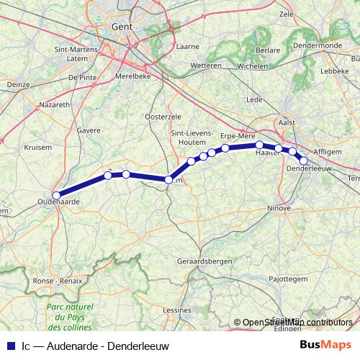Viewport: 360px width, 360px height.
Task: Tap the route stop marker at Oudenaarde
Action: coord(56,193)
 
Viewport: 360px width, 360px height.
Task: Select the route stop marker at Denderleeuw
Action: coord(304,161)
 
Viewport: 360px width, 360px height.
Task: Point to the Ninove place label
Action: coord(278,208)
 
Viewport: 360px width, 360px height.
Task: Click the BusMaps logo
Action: coord(322,345)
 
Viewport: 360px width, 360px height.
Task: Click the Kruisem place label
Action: coord(38,146)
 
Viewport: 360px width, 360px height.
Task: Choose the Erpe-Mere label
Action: coord(238,135)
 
